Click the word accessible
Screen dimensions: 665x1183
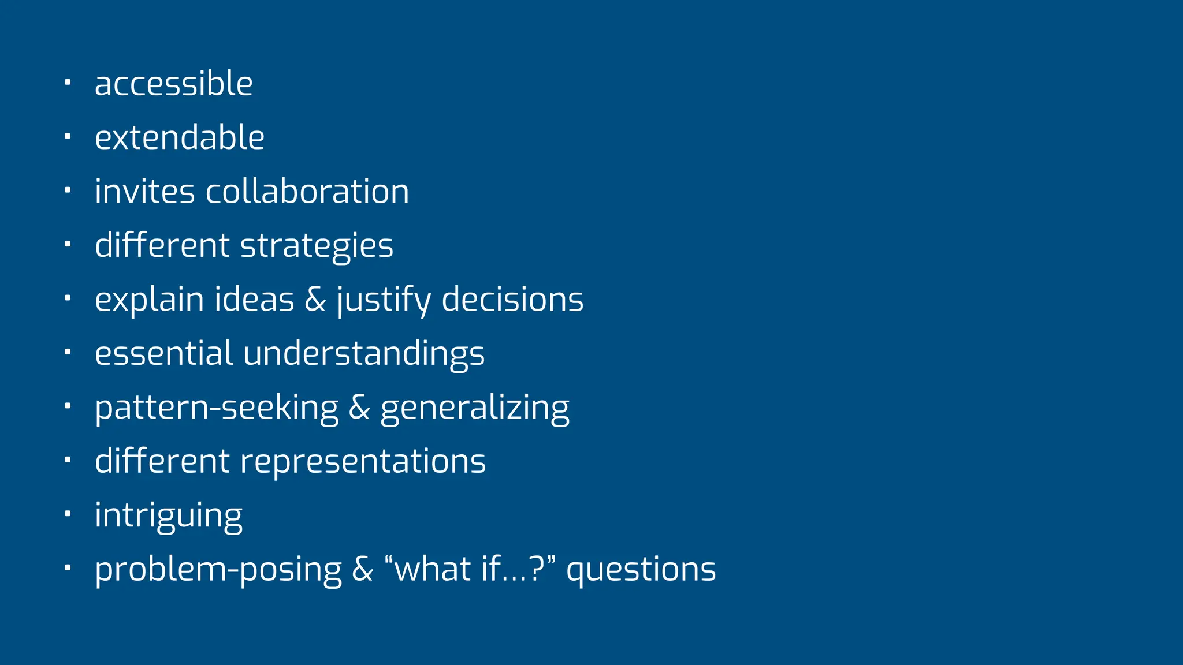(173, 84)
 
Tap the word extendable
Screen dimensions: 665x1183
(180, 138)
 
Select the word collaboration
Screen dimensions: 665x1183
(307, 192)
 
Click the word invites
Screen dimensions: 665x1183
(144, 192)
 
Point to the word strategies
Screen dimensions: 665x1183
(317, 246)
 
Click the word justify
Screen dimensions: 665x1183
(384, 300)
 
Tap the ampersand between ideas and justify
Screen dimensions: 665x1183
(315, 300)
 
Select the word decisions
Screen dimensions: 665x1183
(512, 300)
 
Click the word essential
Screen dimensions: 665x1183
(163, 353)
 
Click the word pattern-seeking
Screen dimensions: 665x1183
(217, 408)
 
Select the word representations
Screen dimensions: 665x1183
(363, 462)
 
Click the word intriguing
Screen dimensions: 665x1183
(169, 516)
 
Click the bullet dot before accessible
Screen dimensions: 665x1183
(67, 83)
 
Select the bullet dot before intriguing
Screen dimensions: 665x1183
(67, 514)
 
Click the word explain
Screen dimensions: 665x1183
(150, 300)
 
